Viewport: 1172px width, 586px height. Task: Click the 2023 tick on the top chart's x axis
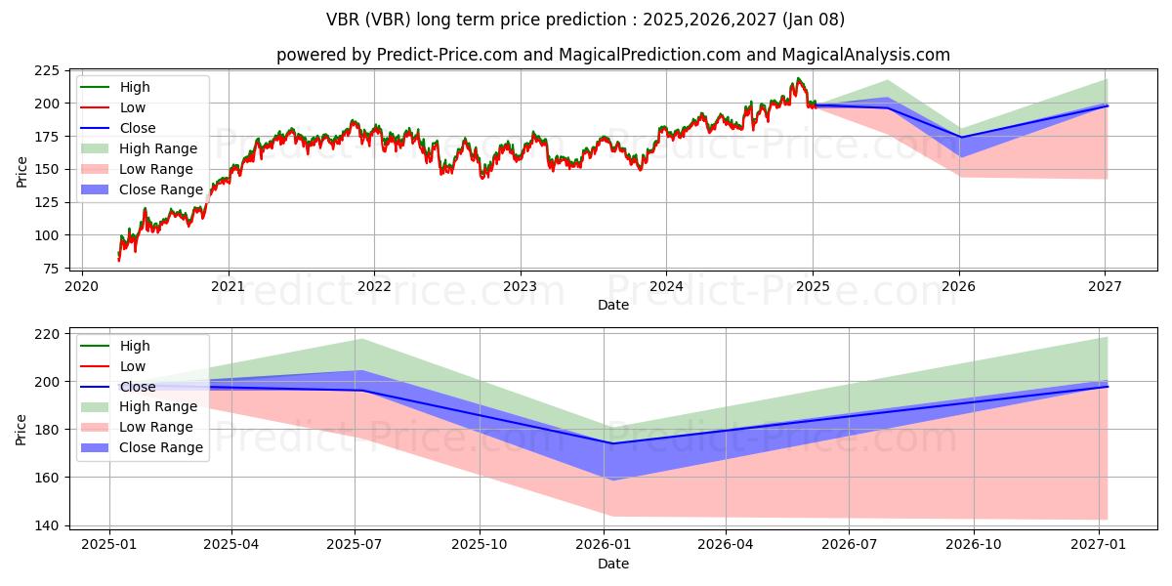tap(520, 285)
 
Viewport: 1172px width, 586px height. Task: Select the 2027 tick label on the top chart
tap(1105, 285)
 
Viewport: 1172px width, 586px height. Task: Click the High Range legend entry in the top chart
tap(158, 148)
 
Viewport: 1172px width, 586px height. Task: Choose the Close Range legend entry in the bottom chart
tap(161, 447)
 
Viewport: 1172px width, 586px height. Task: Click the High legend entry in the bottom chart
tap(136, 346)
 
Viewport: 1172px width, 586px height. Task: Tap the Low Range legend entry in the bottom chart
tap(157, 427)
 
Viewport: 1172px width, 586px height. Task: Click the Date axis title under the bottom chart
tap(613, 564)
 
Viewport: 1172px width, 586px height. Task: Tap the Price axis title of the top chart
tap(21, 170)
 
